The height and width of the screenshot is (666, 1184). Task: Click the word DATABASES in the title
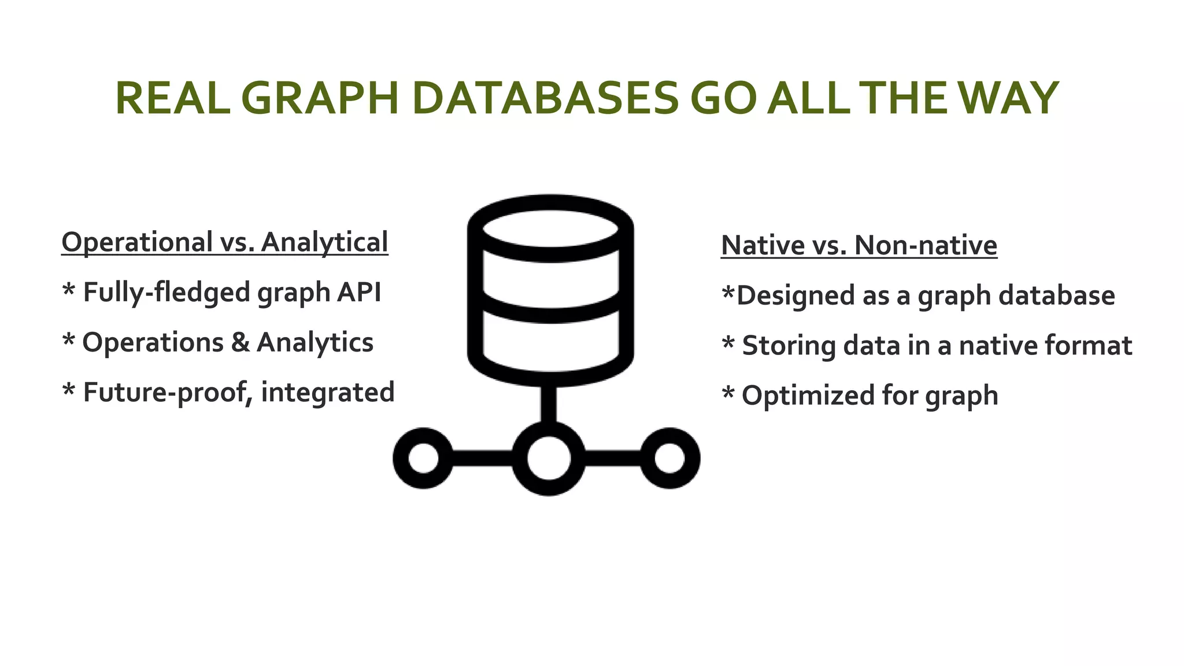(x=546, y=98)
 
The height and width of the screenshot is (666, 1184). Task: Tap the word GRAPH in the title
(x=320, y=98)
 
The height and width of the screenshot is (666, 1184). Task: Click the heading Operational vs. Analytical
(x=224, y=242)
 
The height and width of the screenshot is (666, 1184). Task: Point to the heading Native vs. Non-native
(x=859, y=245)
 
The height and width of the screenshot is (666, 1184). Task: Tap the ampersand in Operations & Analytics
(x=240, y=342)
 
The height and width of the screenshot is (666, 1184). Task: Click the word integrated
(x=328, y=393)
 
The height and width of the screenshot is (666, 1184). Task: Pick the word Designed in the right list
(x=797, y=295)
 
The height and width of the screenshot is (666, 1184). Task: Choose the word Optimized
(x=808, y=396)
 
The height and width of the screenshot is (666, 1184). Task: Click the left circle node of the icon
(x=423, y=458)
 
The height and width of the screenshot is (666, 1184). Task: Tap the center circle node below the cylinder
(x=549, y=458)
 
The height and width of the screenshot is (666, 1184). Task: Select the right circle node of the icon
(x=670, y=458)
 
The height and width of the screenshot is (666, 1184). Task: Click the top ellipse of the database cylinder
(x=550, y=228)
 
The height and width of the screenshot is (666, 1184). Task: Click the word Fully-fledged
(x=167, y=293)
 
